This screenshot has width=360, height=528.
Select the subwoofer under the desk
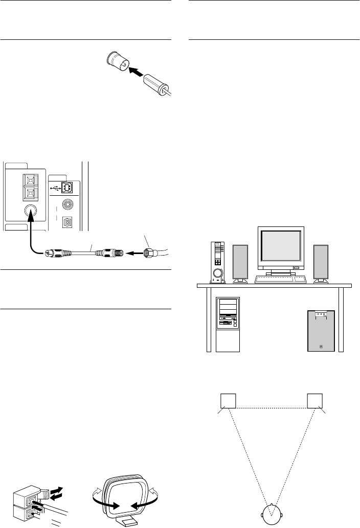click(321, 331)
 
